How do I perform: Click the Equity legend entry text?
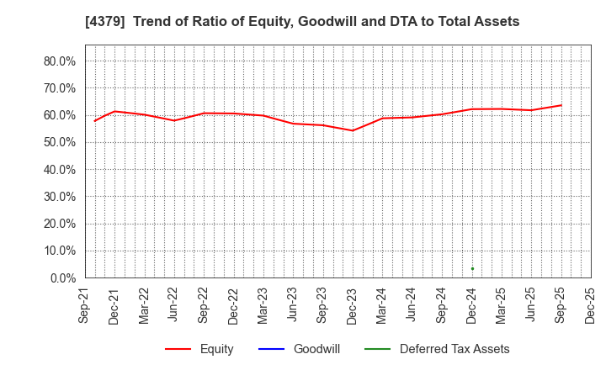click(216, 349)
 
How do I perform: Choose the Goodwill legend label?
click(316, 349)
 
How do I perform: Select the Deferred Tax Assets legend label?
click(454, 349)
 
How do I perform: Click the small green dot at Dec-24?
click(472, 269)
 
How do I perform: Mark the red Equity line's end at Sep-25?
click(561, 105)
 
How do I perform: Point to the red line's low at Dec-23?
click(353, 130)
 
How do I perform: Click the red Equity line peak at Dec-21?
click(114, 111)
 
